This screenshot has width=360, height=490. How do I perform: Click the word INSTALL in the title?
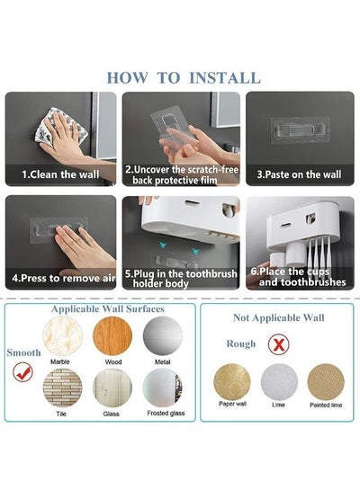[225, 78]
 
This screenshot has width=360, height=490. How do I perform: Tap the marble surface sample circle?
[63, 336]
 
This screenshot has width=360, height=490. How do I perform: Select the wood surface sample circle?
[112, 336]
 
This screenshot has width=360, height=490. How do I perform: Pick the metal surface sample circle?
[163, 336]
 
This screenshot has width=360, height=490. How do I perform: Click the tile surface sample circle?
[63, 388]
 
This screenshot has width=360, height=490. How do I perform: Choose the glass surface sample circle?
[112, 388]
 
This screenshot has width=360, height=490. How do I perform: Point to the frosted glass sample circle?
[163, 388]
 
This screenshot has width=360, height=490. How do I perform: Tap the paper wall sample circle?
[232, 382]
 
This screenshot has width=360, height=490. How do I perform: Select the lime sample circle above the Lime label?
[279, 382]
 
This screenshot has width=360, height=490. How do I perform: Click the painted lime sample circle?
[326, 382]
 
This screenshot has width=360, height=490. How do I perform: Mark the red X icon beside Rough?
[279, 344]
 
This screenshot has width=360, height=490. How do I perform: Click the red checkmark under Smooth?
[23, 372]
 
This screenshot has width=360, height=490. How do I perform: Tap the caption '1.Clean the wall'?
[60, 174]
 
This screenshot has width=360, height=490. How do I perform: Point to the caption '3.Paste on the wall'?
[299, 174]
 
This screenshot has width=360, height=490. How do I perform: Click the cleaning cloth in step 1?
[61, 129]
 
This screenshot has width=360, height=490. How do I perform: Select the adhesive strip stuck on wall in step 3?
[300, 130]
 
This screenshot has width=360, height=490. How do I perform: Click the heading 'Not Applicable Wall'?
[279, 317]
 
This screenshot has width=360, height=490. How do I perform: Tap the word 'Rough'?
[241, 343]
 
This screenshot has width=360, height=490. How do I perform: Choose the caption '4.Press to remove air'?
[64, 278]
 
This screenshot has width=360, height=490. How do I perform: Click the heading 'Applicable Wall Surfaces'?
[108, 309]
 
